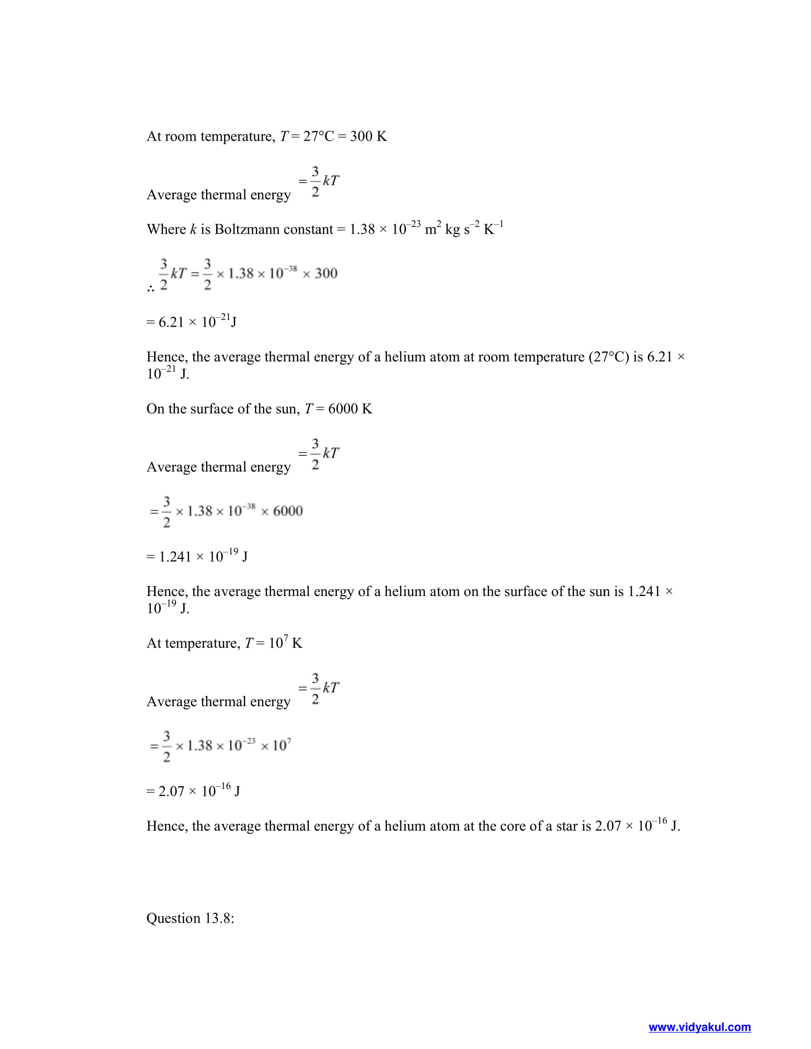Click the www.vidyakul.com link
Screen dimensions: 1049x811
(699, 1027)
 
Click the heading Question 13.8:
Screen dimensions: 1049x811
(190, 918)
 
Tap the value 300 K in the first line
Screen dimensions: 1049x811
(368, 136)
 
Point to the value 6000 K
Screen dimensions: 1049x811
(350, 409)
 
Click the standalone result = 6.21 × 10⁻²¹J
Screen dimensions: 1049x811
(191, 321)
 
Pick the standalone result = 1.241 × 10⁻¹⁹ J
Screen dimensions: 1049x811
(197, 556)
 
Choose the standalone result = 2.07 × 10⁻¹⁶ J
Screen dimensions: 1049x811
(193, 791)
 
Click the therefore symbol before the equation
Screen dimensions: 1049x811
(150, 288)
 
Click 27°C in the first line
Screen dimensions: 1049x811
(318, 136)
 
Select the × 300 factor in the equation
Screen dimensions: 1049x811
(320, 273)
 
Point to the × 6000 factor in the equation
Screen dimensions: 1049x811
(282, 511)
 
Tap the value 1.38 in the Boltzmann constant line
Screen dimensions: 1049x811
(362, 229)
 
